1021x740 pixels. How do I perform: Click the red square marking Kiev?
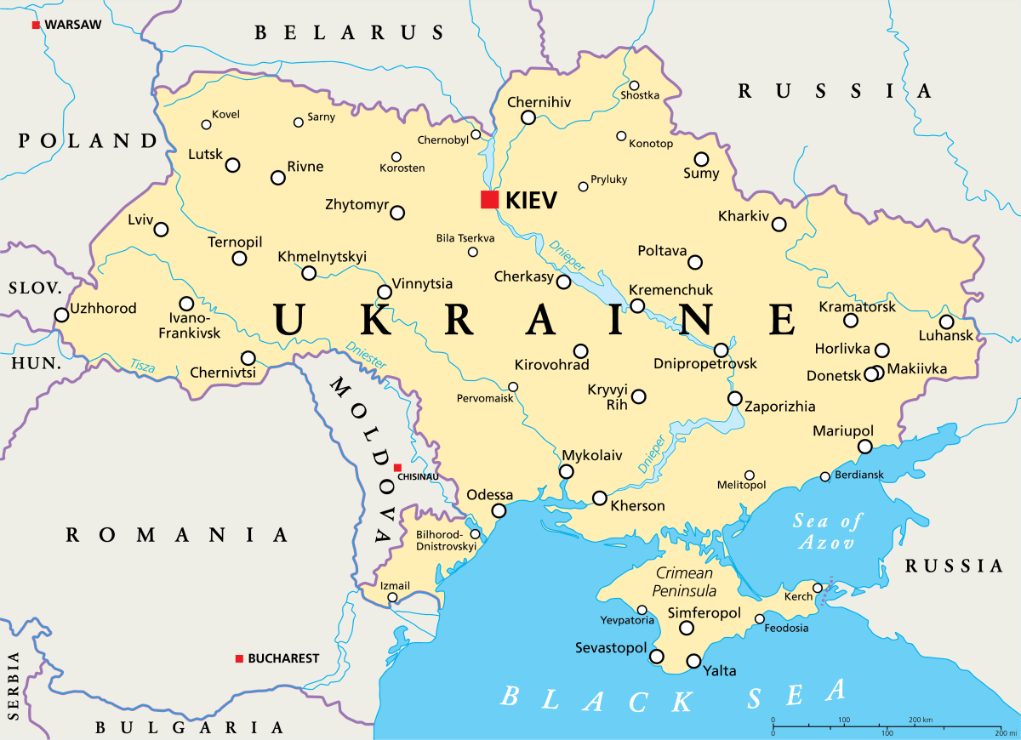point(489,200)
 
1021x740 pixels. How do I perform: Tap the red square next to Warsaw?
point(36,25)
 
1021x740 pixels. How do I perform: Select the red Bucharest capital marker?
point(239,658)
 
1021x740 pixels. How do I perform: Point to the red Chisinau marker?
point(397,467)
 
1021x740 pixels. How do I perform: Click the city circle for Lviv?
point(161,229)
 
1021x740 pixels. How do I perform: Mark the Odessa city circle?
point(499,511)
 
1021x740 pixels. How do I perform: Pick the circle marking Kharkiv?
point(779,225)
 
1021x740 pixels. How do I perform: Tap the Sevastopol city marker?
point(657,657)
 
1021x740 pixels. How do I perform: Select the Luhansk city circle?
point(946,322)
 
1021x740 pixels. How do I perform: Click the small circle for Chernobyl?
point(476,134)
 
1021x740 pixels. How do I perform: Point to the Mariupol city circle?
point(864,447)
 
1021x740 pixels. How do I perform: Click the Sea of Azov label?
point(826,532)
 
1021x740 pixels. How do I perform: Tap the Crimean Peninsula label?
point(684,582)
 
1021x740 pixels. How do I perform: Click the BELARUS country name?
point(350,33)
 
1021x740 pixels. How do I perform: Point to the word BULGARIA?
point(189,727)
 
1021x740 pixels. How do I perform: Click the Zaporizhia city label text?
point(779,407)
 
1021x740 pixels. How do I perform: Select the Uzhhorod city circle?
point(61,316)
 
